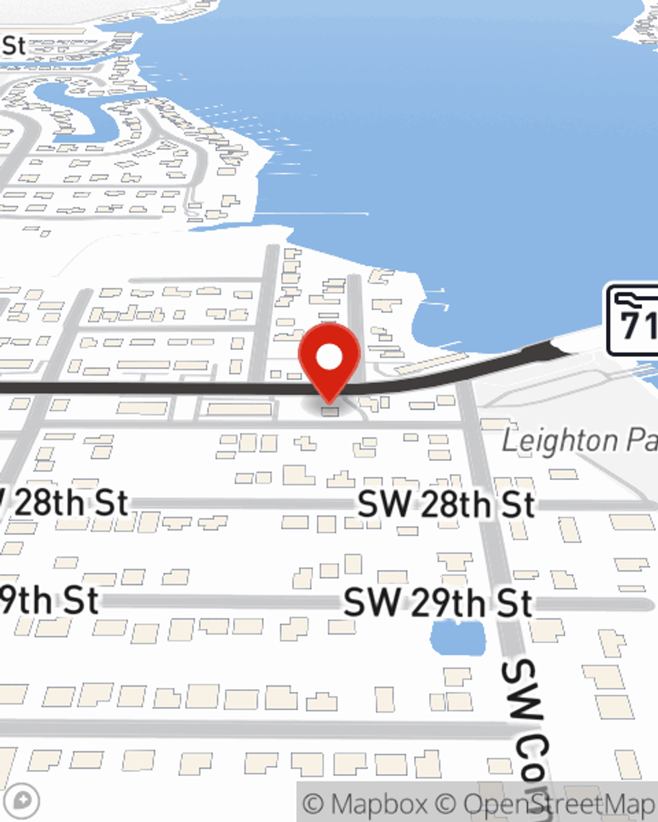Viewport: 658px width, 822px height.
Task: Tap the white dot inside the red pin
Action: [x=329, y=357]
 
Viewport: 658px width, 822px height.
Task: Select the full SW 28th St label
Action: [x=446, y=505]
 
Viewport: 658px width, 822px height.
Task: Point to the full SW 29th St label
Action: [x=438, y=603]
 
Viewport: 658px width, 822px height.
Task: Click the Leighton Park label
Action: [x=579, y=441]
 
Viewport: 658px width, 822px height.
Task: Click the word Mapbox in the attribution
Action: [x=378, y=804]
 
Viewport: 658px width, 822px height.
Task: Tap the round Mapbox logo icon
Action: [x=23, y=801]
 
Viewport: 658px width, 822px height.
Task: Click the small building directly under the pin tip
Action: [x=330, y=412]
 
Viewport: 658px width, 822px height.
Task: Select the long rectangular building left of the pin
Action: [x=238, y=410]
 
